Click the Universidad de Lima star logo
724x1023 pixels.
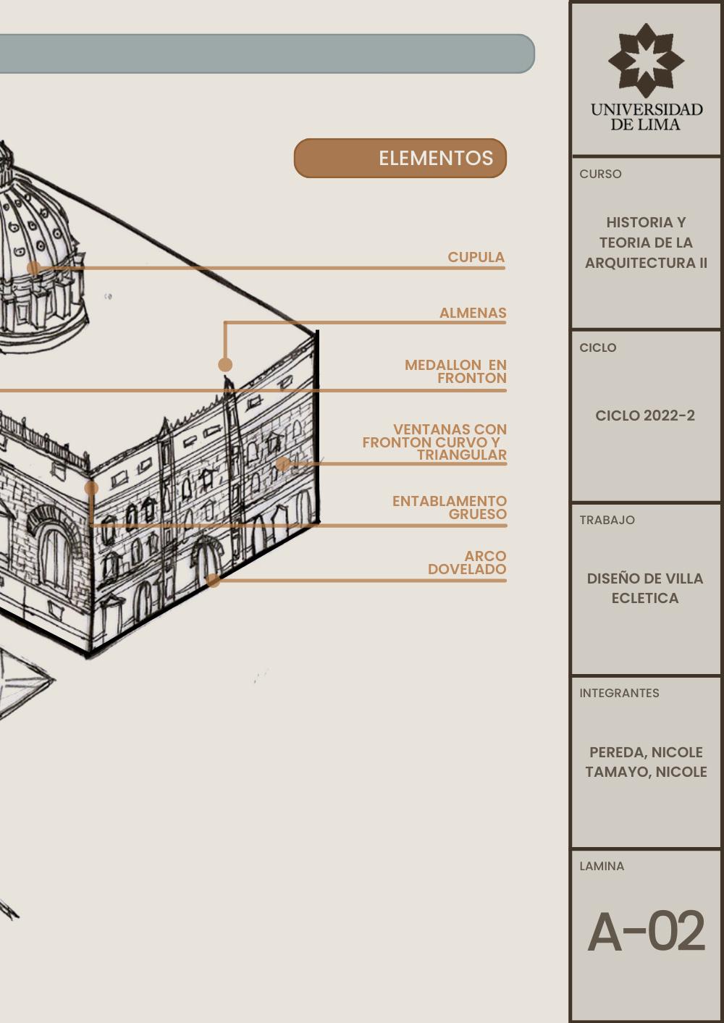pyautogui.click(x=646, y=60)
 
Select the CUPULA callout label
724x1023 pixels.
pyautogui.click(x=476, y=257)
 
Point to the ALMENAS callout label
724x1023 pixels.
pyautogui.click(x=473, y=313)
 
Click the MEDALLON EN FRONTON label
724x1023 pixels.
pyautogui.click(x=455, y=371)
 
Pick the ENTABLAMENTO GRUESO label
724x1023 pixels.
pyautogui.click(x=450, y=508)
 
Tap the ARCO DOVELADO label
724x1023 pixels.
pyautogui.click(x=468, y=563)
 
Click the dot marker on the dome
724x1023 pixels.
pyautogui.click(x=33, y=268)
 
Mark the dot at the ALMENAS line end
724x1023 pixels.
pyautogui.click(x=225, y=364)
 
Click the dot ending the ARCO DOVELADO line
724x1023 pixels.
pyautogui.click(x=213, y=580)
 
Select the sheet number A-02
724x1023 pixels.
pyautogui.click(x=646, y=932)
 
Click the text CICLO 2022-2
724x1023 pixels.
pyautogui.click(x=645, y=416)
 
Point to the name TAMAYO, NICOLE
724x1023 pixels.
pyautogui.click(x=646, y=772)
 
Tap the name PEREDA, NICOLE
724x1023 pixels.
pyautogui.click(x=646, y=752)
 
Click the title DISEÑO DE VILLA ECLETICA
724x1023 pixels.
pyautogui.click(x=645, y=588)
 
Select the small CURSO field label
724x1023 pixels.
pyautogui.click(x=600, y=174)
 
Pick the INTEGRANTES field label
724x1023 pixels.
pyautogui.click(x=619, y=693)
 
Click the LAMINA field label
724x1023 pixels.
pyautogui.click(x=602, y=866)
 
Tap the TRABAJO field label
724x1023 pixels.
pyautogui.click(x=607, y=520)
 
